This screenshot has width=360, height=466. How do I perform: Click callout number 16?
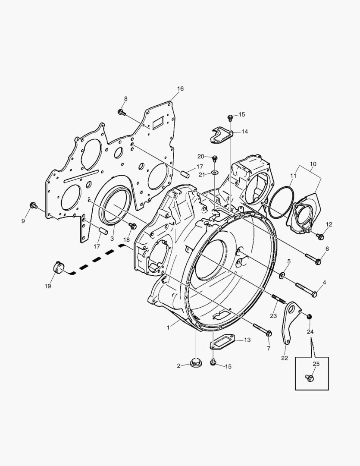tap(180, 89)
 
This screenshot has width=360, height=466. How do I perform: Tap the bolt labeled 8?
tap(121, 112)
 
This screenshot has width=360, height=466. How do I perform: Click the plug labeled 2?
tap(196, 362)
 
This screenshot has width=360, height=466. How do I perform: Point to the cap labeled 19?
tap(57, 267)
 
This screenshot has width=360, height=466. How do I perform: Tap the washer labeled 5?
tap(282, 275)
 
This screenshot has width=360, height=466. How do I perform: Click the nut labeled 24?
tap(309, 317)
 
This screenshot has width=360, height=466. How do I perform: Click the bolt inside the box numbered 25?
tap(309, 378)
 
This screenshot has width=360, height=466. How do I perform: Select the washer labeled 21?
tap(215, 173)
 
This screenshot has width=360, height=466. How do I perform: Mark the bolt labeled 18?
tap(132, 225)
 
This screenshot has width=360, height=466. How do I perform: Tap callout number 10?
tap(313, 164)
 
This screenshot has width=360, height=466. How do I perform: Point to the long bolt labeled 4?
tap(306, 289)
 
